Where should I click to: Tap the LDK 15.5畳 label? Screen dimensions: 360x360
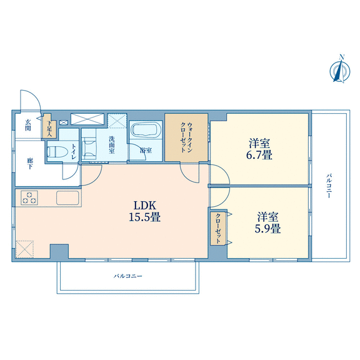(x=144, y=211)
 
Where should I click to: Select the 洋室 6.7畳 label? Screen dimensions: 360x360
(x=259, y=149)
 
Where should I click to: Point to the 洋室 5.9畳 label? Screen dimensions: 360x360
(x=267, y=222)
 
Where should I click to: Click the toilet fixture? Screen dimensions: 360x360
(x=57, y=152)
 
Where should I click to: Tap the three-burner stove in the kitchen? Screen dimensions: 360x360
(x=29, y=198)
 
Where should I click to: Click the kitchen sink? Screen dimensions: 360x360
(x=67, y=197)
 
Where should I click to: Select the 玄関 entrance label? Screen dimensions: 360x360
(x=28, y=125)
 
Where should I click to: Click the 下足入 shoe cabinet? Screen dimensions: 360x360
(x=49, y=126)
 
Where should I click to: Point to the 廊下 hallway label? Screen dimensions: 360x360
(x=29, y=163)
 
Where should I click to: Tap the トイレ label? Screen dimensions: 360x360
(x=74, y=151)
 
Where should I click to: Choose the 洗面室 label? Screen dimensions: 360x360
(x=112, y=145)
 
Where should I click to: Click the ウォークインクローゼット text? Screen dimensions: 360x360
(x=186, y=137)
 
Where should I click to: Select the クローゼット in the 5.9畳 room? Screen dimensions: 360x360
(x=218, y=229)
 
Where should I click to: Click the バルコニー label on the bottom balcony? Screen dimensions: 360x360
(x=128, y=276)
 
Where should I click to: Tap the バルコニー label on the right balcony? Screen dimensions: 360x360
(x=329, y=186)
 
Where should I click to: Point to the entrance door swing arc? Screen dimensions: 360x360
(x=34, y=95)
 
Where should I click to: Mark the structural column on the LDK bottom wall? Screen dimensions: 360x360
(x=59, y=252)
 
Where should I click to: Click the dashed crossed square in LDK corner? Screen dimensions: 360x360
(x=25, y=249)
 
